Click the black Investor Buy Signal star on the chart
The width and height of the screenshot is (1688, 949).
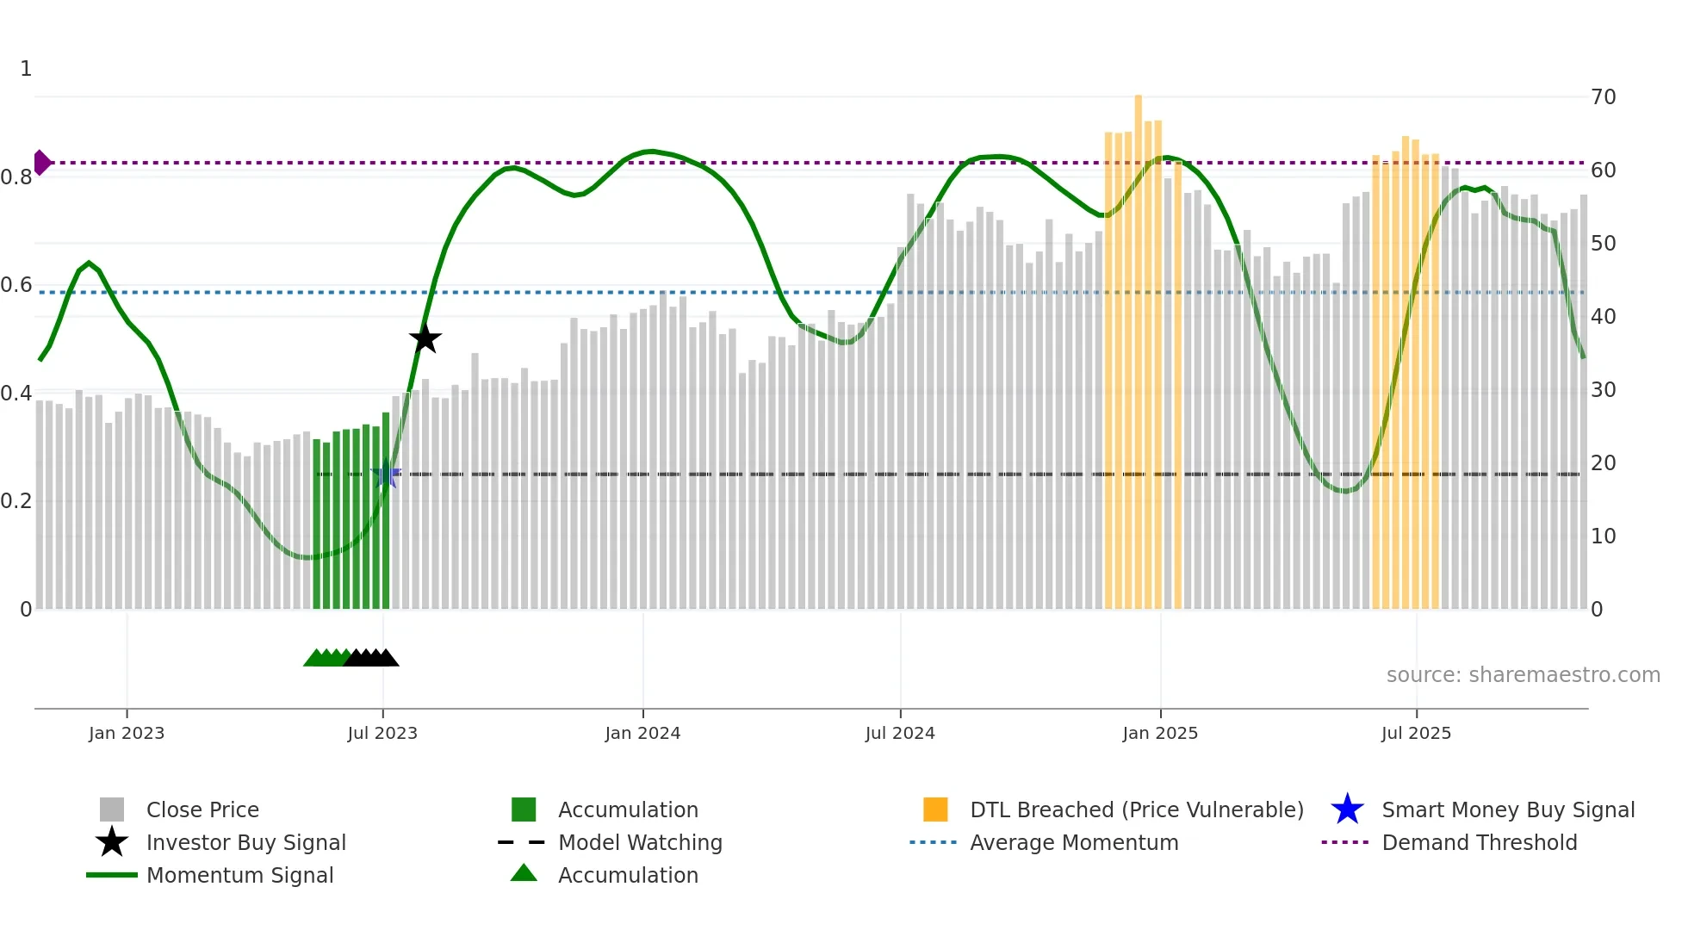coord(425,338)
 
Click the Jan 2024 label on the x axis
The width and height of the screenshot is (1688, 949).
coord(642,733)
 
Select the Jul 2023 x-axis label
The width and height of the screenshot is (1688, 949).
coord(382,733)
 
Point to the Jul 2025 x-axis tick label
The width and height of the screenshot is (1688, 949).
coord(1416,733)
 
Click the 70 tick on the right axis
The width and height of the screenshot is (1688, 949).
coord(1603,97)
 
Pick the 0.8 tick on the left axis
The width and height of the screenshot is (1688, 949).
coord(16,177)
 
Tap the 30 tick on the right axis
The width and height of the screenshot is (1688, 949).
coord(1603,390)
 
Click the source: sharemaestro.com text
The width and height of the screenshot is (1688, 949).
coord(1523,675)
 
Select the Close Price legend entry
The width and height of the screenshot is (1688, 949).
coord(202,809)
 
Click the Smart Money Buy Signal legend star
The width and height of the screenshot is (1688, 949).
coord(1347,809)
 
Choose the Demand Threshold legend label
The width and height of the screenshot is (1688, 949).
coord(1479,842)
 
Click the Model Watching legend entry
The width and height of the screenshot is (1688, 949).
coord(639,842)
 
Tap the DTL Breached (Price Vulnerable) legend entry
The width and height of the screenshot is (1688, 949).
coord(1136,809)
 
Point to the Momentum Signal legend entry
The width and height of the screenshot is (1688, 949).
coord(239,875)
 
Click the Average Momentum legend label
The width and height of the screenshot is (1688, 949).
coord(1074,842)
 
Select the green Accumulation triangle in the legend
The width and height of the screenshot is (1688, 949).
coord(524,874)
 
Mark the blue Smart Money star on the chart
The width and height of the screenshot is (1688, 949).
coord(385,475)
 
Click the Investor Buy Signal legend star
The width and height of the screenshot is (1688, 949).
coord(112,842)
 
